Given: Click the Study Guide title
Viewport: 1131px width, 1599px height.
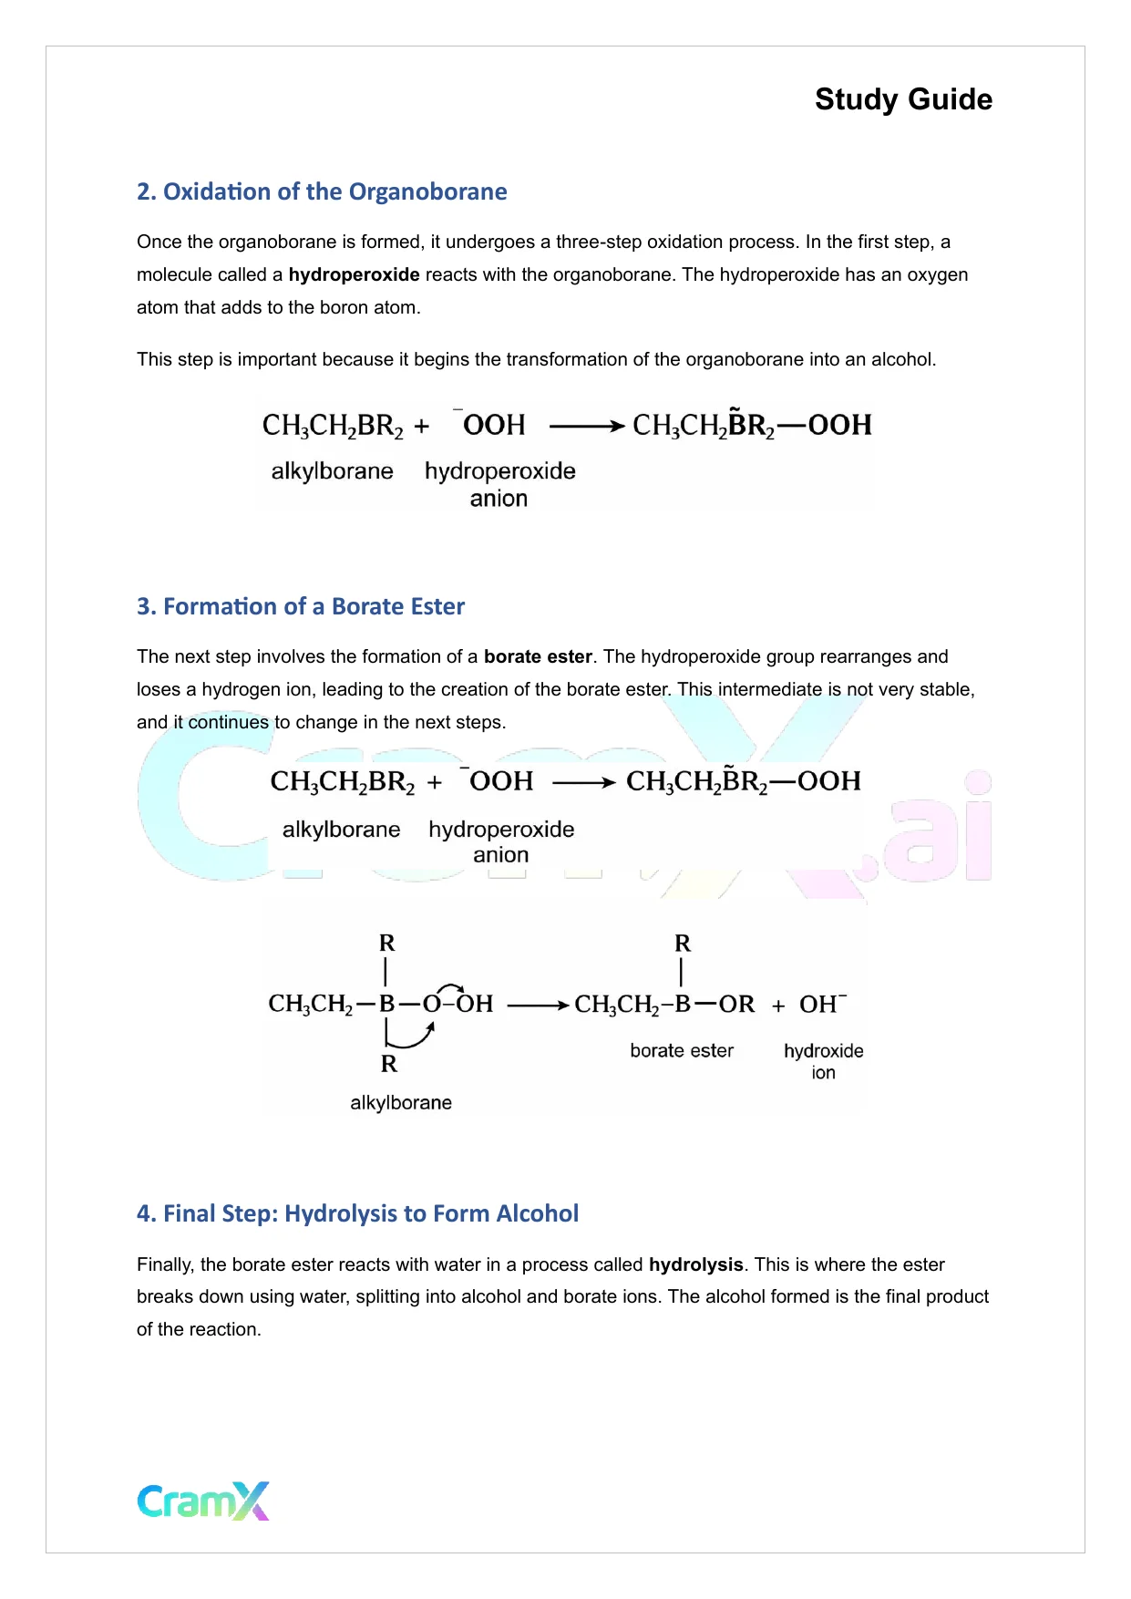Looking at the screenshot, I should point(903,99).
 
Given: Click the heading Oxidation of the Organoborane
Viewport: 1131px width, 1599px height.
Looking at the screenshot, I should point(322,191).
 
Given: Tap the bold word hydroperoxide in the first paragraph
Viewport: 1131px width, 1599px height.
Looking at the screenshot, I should point(354,274).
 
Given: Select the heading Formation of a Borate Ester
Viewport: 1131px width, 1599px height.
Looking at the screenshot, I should point(301,606).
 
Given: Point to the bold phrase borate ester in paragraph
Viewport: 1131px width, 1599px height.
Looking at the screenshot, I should point(538,656).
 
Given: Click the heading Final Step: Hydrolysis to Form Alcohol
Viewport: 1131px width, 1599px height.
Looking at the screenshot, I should point(357,1213).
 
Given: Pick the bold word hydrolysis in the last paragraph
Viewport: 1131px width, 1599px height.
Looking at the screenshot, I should point(695,1264).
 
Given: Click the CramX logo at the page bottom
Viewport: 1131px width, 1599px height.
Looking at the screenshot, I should point(203,1501).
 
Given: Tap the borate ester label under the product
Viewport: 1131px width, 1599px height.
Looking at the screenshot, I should point(682,1050).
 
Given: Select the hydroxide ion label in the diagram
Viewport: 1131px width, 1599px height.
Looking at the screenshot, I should point(823,1060).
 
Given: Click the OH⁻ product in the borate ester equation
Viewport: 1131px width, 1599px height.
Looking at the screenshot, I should point(822,1004).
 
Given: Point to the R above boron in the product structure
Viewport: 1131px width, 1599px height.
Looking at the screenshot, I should point(683,944).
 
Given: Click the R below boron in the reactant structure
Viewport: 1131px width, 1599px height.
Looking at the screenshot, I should point(389,1064).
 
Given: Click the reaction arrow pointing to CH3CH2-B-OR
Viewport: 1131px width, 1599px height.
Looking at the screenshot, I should point(538,1005).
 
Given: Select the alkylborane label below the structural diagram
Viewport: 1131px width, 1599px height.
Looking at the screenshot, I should point(401,1102).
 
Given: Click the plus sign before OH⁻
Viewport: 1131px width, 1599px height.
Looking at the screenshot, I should point(778,1006).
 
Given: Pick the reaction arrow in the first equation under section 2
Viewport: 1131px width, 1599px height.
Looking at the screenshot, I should point(587,426).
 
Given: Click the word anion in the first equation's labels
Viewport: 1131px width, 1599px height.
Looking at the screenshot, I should point(499,499).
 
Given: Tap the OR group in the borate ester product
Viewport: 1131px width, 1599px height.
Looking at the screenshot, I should point(736,1004).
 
